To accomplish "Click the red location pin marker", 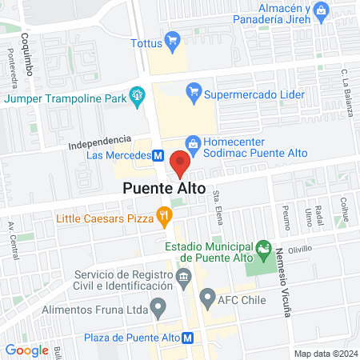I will [x=179, y=162].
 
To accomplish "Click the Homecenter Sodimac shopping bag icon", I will [x=193, y=141].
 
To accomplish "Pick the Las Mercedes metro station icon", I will [x=158, y=155].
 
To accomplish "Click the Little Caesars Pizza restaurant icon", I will [x=164, y=214].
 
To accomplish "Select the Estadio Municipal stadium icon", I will [x=262, y=251].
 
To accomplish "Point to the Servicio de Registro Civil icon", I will [x=183, y=278].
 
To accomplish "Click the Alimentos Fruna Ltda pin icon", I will [x=159, y=304].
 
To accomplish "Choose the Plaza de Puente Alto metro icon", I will [x=187, y=338].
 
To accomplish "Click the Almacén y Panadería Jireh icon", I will [x=321, y=10].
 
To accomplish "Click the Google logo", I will [x=26, y=350].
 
